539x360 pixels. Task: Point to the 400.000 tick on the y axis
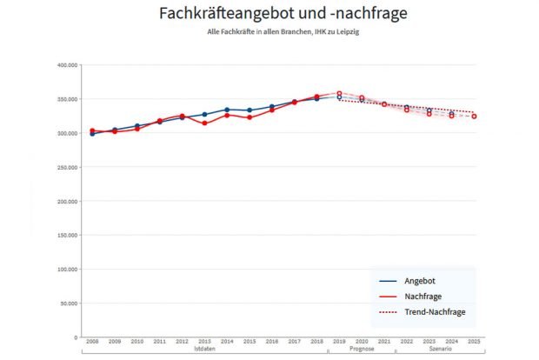pyautogui.click(x=66, y=65)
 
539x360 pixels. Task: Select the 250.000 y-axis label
pyautogui.click(x=66, y=167)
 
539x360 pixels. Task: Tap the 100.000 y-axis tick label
pyautogui.click(x=66, y=269)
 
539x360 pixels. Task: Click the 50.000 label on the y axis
pyautogui.click(x=68, y=303)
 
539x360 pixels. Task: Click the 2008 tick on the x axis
pyautogui.click(x=92, y=342)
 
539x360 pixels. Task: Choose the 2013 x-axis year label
pyautogui.click(x=204, y=342)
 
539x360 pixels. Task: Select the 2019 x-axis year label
pyautogui.click(x=339, y=342)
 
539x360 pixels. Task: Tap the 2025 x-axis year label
pyautogui.click(x=474, y=342)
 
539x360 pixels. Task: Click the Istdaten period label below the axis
pyautogui.click(x=204, y=349)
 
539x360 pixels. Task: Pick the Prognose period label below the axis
pyautogui.click(x=362, y=349)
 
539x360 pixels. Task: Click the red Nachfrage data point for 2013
pyautogui.click(x=204, y=123)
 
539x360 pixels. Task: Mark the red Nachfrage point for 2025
pyautogui.click(x=474, y=117)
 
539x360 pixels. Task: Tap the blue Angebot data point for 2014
pyautogui.click(x=227, y=110)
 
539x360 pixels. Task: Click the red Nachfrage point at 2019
pyautogui.click(x=339, y=93)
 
